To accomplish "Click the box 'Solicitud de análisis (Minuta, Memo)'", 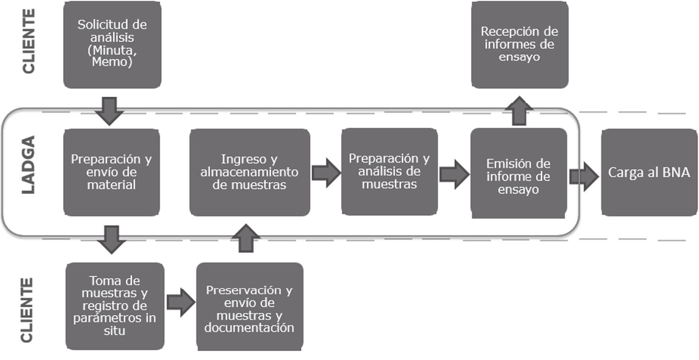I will (x=112, y=45).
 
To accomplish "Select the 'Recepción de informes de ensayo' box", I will (x=520, y=45).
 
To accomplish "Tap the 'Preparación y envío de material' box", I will (x=111, y=172).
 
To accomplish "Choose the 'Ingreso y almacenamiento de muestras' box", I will (x=250, y=172).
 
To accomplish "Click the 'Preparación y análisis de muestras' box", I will (x=389, y=172).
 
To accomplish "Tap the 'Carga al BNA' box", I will (x=649, y=172).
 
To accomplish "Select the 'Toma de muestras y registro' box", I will (x=115, y=306).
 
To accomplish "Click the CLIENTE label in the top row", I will (x=29, y=41).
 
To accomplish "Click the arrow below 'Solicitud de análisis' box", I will (x=109, y=110).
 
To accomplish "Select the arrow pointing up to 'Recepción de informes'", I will (x=519, y=111).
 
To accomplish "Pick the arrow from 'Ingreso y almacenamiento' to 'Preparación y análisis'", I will (x=326, y=173).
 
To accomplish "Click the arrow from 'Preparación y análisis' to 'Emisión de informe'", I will (x=454, y=174).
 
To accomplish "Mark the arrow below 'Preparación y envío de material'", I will (x=111, y=239).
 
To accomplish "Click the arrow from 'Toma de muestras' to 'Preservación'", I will (x=180, y=303).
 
